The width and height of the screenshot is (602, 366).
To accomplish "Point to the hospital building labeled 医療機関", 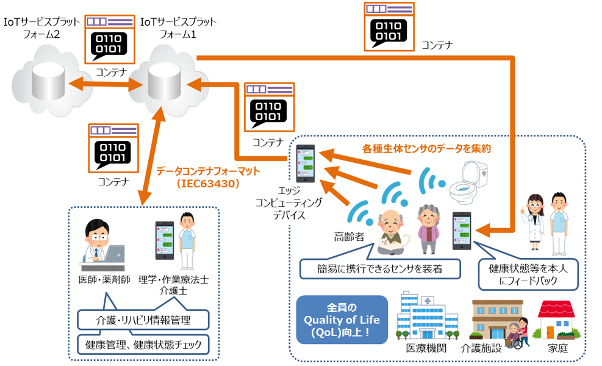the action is (426, 316).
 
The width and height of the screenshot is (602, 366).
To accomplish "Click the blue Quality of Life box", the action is (342, 320).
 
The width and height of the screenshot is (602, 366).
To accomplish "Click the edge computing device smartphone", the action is (306, 163).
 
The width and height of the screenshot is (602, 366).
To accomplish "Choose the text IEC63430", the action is (208, 184).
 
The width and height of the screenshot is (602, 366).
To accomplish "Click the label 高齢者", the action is (349, 237).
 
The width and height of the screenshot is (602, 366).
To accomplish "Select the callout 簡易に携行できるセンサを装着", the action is (380, 269).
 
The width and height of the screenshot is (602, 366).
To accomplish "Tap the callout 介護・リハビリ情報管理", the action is (143, 320).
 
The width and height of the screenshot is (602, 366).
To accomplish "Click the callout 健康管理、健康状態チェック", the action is (143, 345).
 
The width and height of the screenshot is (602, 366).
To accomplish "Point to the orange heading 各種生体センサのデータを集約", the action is (426, 149).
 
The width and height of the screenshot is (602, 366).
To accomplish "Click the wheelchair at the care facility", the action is (514, 340).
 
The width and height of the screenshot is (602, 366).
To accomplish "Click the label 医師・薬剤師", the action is (104, 279).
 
